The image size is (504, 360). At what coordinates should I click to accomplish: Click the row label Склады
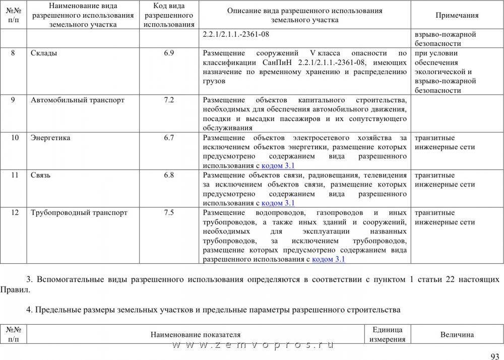coord(44,53)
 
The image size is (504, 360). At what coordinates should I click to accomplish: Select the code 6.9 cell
coord(169,53)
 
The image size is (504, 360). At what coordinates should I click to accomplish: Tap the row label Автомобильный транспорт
coord(78,100)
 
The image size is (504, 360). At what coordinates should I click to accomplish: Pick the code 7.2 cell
coord(169,100)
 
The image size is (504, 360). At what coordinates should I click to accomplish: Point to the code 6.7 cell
coord(169,138)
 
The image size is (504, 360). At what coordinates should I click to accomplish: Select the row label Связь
coord(40,175)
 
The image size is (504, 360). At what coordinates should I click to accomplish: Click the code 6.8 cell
coord(169,175)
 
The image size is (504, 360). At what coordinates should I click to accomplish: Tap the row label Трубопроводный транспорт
coord(79,213)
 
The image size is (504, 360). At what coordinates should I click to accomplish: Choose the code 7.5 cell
coord(169,213)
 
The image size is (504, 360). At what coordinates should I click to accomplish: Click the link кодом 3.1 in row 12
coord(328,259)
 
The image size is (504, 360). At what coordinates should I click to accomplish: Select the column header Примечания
coord(457,16)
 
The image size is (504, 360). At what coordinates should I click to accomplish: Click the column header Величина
coord(457,335)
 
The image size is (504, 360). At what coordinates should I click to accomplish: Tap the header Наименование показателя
coord(196,335)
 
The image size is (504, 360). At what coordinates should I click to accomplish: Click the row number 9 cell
coord(13,100)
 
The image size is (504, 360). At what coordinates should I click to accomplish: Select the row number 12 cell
coord(15,213)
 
